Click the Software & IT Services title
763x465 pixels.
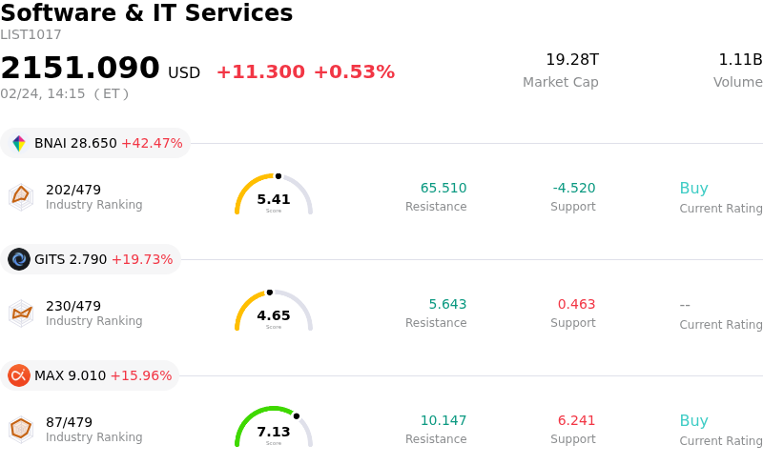147,14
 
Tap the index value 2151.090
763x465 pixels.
80,69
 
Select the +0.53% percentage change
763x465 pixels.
354,72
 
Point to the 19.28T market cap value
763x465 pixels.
572,60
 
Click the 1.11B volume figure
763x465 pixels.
740,60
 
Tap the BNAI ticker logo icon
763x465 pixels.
19,144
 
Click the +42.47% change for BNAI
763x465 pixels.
152,144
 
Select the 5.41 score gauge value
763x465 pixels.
274,199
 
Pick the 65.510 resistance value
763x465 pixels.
443,189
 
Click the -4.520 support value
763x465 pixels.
574,189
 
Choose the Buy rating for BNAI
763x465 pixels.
693,189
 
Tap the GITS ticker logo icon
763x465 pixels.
19,259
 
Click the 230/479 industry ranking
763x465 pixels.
73,306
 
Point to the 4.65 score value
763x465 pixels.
274,315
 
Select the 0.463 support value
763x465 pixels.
576,305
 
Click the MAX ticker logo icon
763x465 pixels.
19,375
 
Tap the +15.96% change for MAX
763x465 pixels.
141,375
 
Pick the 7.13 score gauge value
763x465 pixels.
274,432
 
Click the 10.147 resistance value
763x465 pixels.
443,421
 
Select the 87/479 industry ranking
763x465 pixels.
69,422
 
